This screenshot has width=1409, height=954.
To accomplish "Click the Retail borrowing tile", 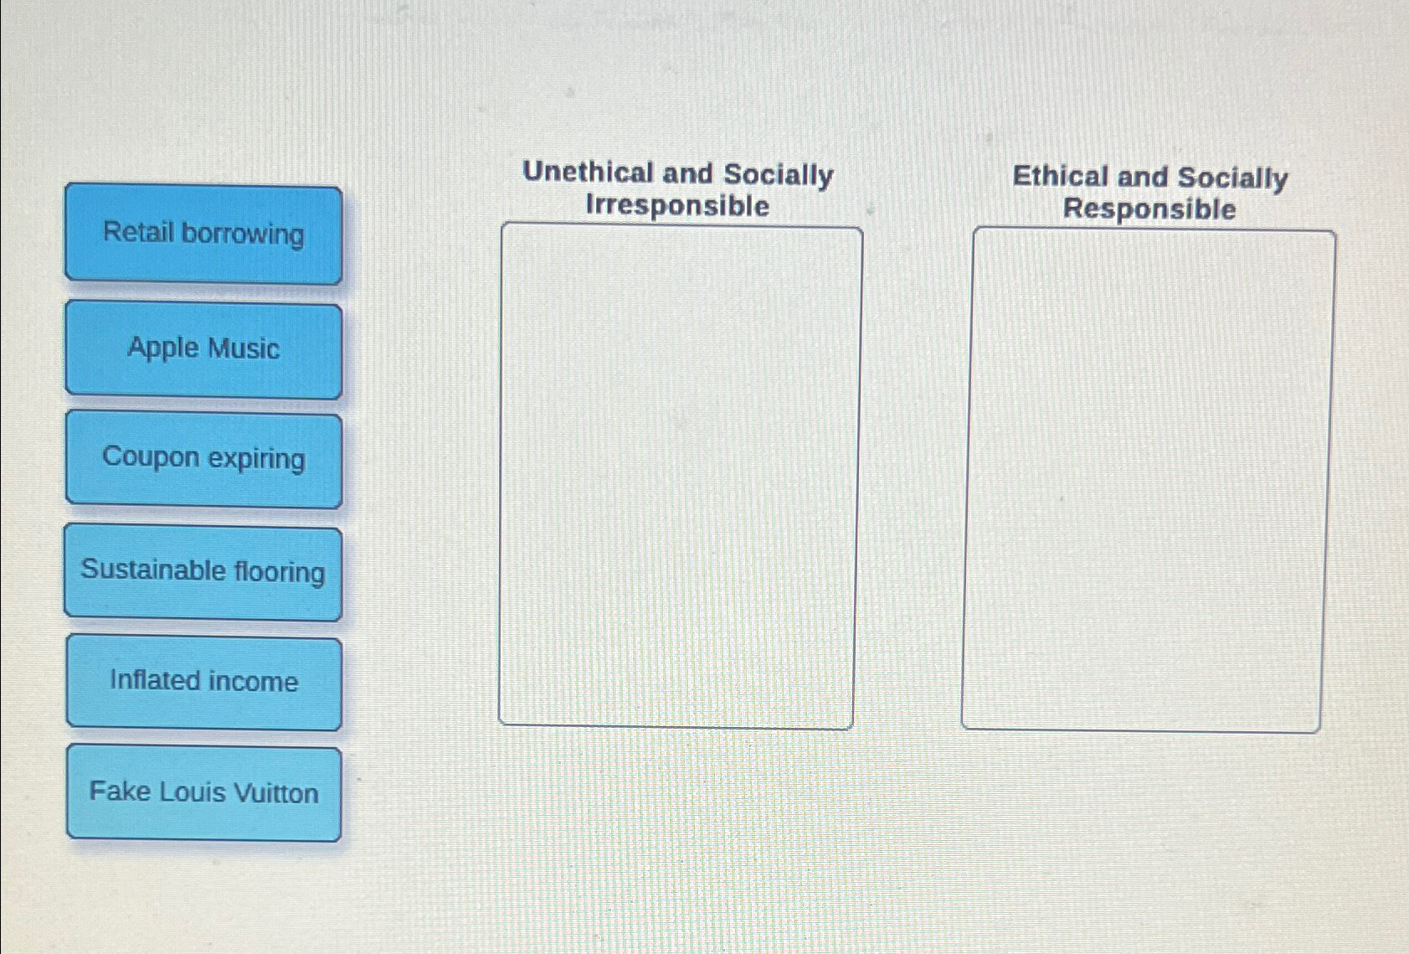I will (203, 234).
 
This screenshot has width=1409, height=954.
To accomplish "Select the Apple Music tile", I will (203, 348).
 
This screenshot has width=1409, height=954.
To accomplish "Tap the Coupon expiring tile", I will (203, 459).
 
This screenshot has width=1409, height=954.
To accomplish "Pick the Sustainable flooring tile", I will (203, 572).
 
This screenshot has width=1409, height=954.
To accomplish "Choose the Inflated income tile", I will (203, 682).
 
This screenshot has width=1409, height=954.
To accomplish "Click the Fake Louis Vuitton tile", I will (203, 792).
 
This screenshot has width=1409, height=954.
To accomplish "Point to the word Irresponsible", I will (677, 205).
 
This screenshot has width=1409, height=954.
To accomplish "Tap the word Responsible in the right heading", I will (1149, 209).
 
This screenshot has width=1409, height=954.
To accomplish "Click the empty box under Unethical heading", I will (678, 475).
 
